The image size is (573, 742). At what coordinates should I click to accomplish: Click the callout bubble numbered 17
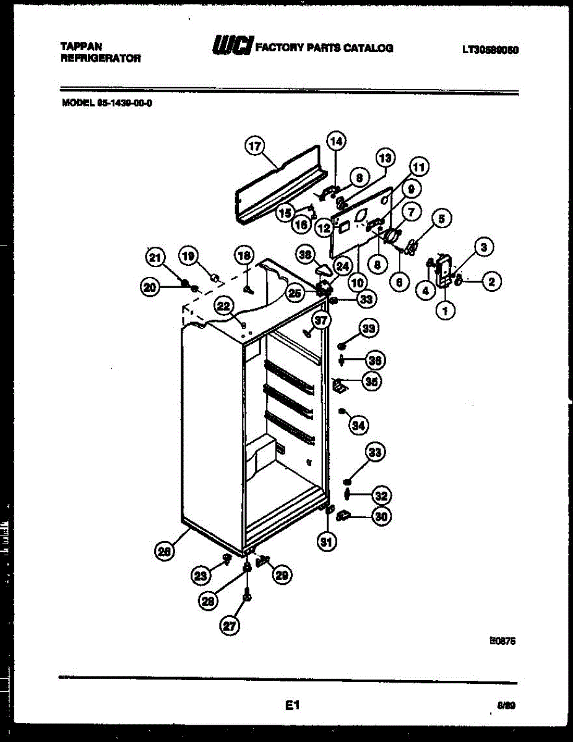pos(254,147)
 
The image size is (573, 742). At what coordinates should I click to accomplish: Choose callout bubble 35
pos(371,382)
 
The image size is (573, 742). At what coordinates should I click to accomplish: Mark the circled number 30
pos(382,516)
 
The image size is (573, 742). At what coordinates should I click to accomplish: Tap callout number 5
pos(442,218)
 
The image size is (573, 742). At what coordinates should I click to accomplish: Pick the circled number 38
pos(304,254)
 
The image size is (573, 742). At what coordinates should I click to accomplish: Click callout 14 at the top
pos(335,142)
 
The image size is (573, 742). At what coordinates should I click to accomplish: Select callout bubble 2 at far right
pos(491,283)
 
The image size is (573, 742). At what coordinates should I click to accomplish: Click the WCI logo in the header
pos(231,46)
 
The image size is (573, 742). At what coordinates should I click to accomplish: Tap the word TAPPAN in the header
pos(82,46)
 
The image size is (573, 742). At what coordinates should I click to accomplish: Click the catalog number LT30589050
pos(489,50)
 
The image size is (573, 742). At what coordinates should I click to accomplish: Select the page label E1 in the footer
pos(293,704)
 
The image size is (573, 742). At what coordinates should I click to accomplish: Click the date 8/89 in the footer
pos(506,706)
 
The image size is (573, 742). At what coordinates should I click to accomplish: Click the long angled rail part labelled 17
pos(278,185)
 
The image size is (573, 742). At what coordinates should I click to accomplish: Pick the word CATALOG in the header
pos(368,47)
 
